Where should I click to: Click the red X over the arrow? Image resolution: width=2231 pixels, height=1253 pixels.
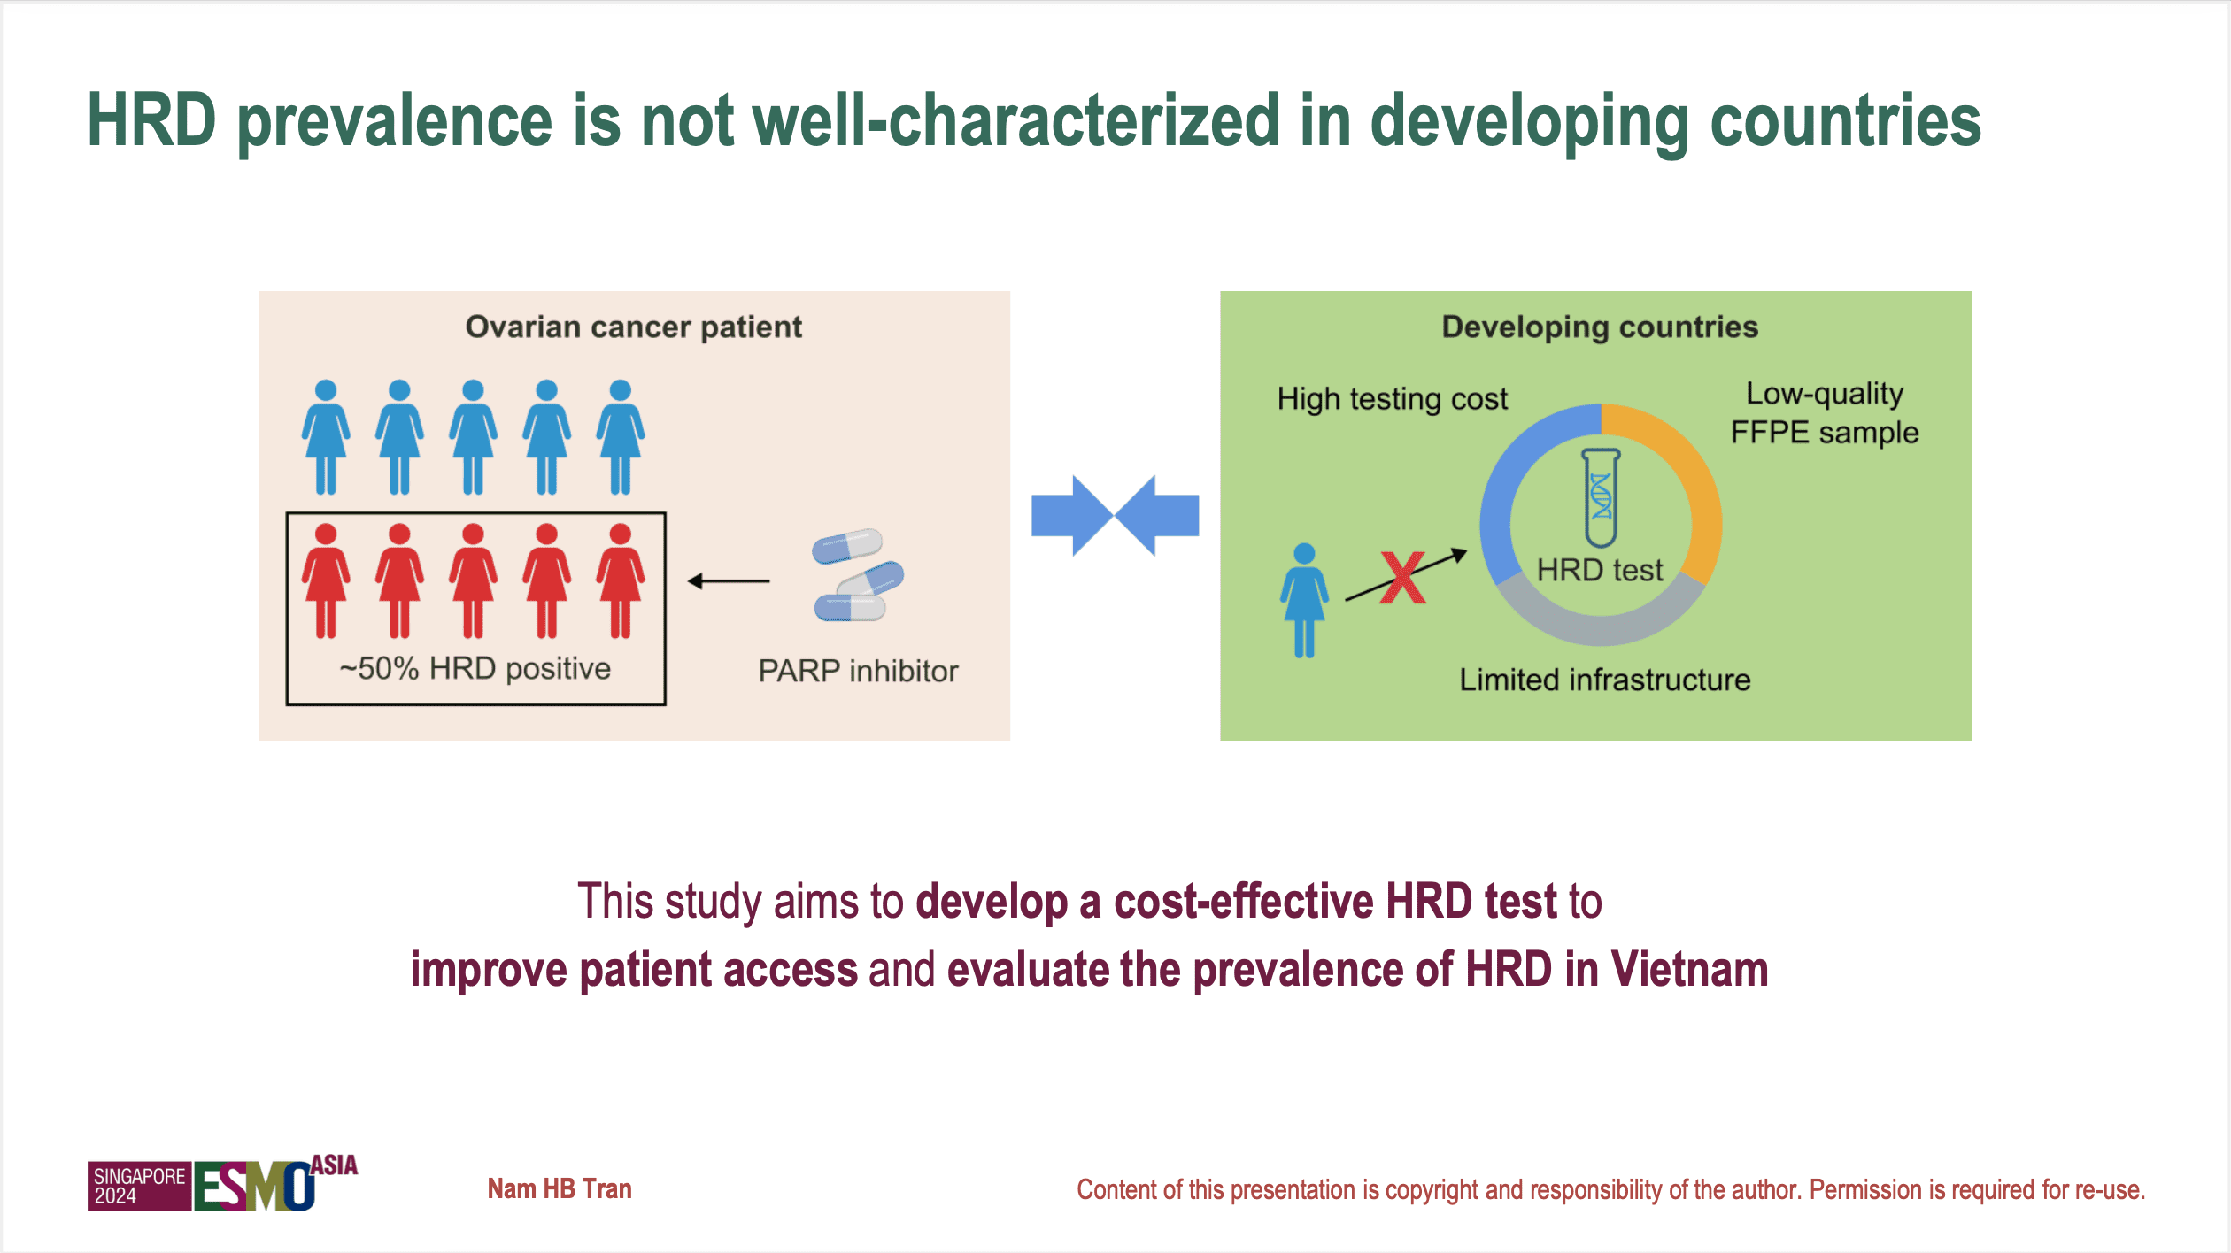[1403, 578]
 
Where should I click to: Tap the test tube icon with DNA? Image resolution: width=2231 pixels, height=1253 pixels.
[1601, 498]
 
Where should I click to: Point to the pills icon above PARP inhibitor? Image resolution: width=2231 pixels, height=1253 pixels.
[857, 576]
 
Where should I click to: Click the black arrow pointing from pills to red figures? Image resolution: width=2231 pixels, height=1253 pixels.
[729, 581]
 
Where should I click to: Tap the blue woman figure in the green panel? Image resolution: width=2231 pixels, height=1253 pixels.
[1304, 601]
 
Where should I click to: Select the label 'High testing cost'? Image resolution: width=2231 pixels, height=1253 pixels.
[1392, 399]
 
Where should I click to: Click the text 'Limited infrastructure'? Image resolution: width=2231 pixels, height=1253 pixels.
[1604, 680]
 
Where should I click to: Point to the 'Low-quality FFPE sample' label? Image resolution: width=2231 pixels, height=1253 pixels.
[1824, 412]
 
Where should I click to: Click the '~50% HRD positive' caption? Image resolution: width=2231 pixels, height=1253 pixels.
[475, 669]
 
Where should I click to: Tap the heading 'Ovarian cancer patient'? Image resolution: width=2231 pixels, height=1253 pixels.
[634, 327]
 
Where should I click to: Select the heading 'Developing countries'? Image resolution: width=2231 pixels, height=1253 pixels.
[1600, 327]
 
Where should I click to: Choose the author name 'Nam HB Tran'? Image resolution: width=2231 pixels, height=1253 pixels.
[560, 1188]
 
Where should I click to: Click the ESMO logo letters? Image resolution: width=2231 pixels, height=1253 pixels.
[253, 1186]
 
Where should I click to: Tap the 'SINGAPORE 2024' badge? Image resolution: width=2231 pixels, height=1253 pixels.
[139, 1186]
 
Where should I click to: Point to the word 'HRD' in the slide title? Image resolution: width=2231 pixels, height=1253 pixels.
[151, 121]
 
